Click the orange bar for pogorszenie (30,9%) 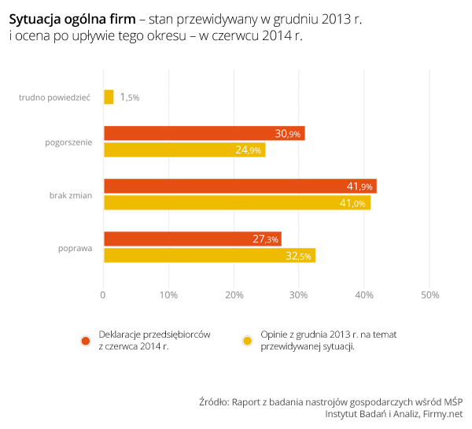[x=204, y=134]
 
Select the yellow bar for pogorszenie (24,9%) [x=184, y=150]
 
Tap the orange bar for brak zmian [x=240, y=187]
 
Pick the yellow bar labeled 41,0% [x=237, y=202]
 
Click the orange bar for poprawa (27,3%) [x=192, y=239]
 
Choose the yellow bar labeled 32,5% [x=209, y=255]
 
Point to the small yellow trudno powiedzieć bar [x=109, y=97]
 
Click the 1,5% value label [x=130, y=97]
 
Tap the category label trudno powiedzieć [x=57, y=97]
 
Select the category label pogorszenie [x=69, y=142]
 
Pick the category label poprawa [x=76, y=247]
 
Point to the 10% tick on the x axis [x=168, y=295]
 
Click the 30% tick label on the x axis [x=299, y=295]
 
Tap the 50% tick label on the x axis [x=430, y=295]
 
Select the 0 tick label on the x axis [x=103, y=295]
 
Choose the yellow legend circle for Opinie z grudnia [x=247, y=340]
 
